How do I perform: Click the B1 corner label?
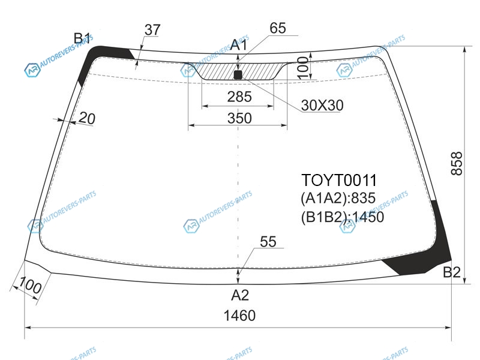click(82, 38)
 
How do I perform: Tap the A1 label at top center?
click(238, 44)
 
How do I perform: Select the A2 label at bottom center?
click(239, 295)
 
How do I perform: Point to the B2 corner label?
click(452, 272)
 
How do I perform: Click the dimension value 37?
click(152, 29)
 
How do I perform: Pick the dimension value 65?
click(278, 28)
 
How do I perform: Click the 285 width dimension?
click(239, 97)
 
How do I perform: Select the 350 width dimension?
click(239, 118)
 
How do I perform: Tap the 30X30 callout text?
click(322, 106)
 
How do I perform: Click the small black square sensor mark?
click(238, 74)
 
